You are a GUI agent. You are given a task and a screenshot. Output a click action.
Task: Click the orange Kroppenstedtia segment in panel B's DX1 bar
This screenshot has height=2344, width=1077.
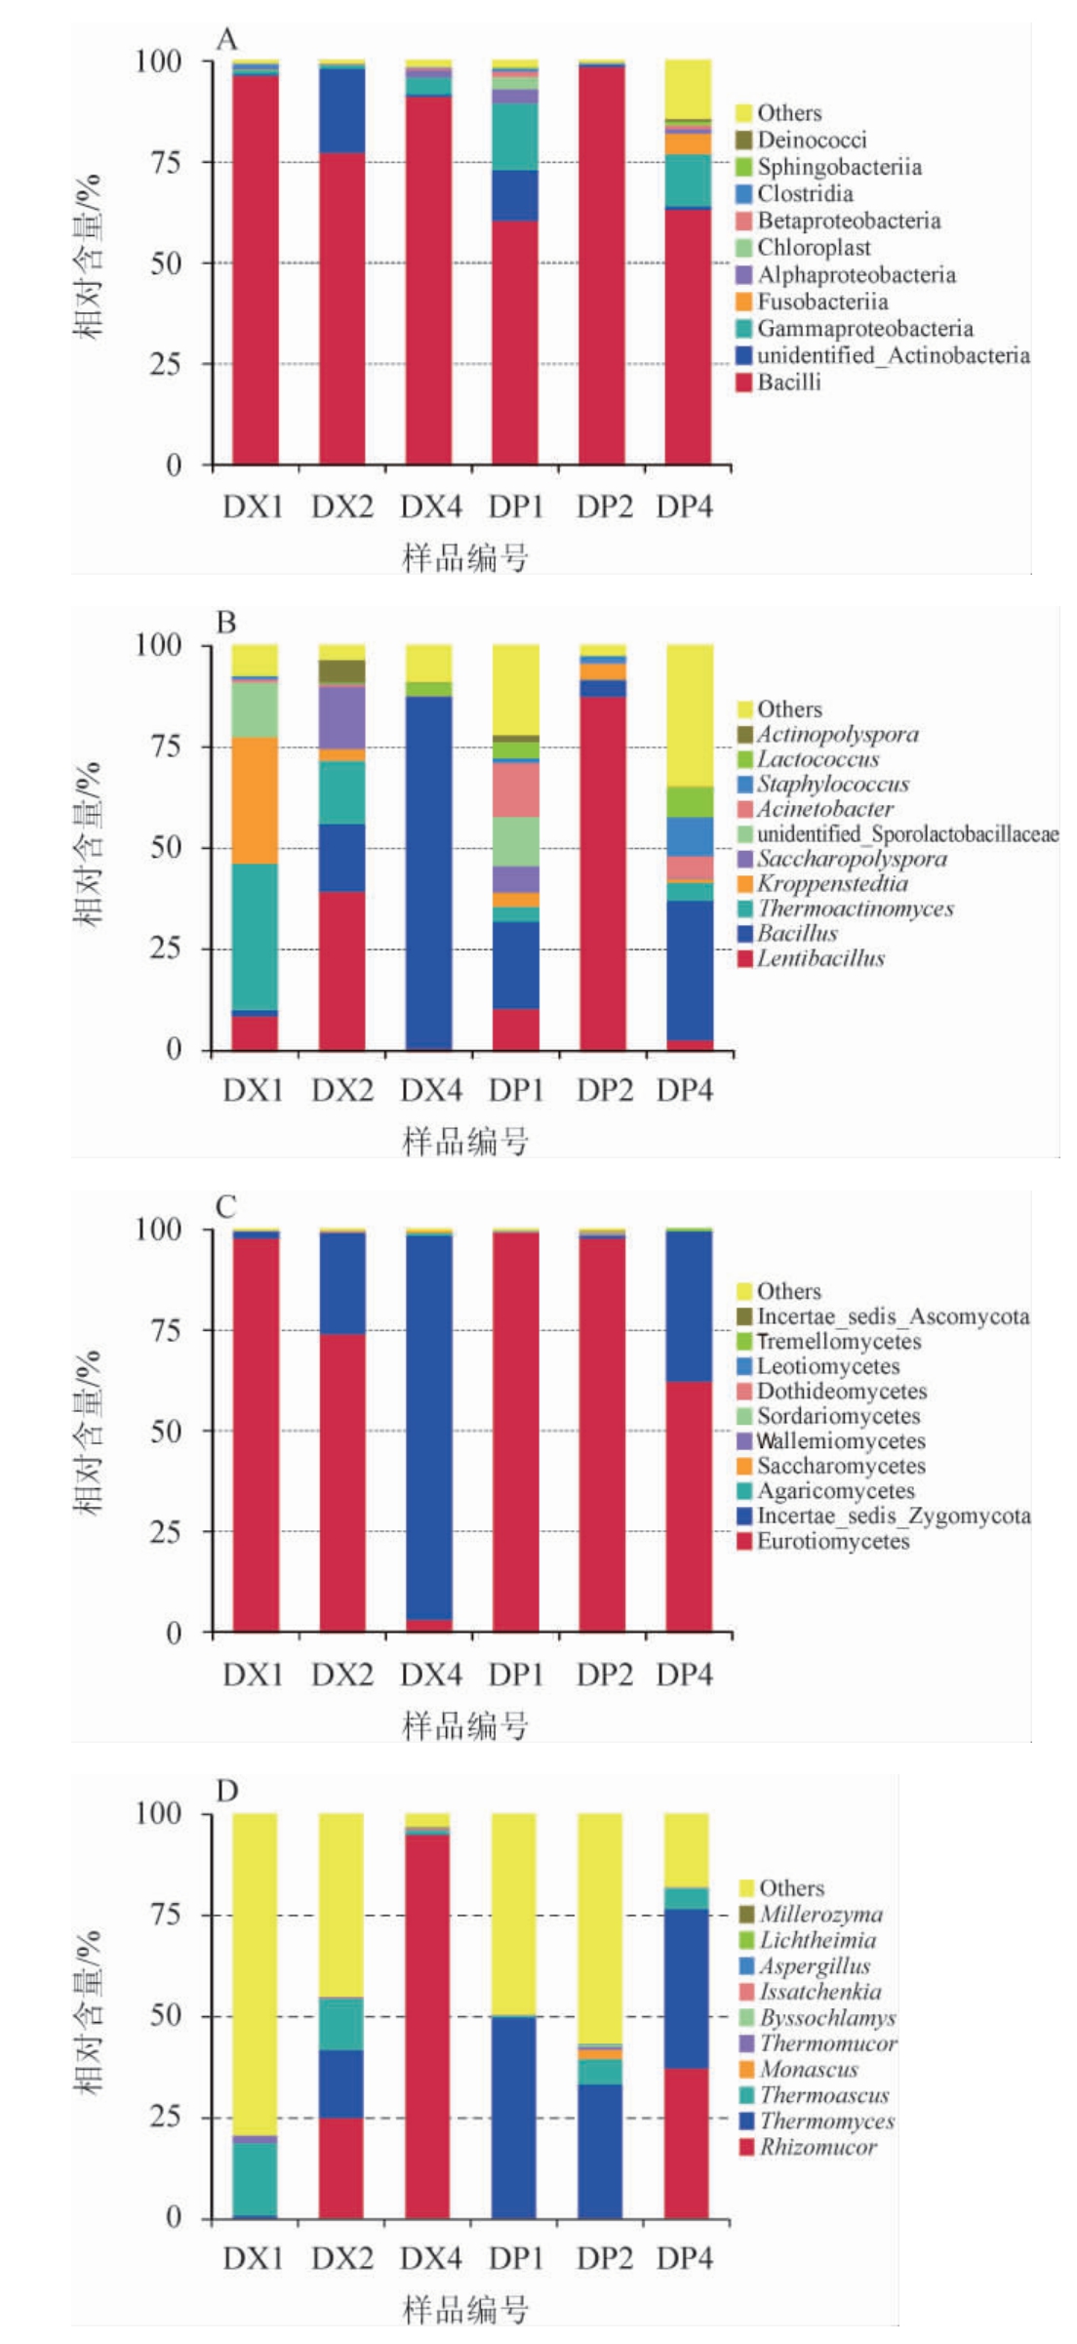[255, 800]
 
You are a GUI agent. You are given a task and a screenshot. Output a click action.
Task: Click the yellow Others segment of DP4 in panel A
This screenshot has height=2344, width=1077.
[688, 88]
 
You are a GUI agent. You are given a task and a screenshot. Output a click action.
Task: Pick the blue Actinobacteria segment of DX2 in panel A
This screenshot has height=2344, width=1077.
[342, 110]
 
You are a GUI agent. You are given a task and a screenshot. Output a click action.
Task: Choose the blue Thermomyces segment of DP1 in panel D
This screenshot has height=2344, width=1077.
[514, 2118]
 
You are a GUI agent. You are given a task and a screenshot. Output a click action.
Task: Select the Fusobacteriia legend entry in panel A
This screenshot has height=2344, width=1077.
[822, 302]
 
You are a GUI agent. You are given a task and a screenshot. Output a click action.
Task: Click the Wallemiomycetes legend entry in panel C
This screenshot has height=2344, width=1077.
[841, 1441]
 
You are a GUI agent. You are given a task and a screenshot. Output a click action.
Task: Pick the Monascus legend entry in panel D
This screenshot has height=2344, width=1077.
[809, 2070]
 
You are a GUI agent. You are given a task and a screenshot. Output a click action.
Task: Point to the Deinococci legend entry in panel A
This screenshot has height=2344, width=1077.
[812, 140]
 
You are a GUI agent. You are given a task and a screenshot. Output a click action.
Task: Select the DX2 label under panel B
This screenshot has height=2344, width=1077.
[342, 1090]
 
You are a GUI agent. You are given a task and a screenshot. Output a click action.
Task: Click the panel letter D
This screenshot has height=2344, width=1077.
[226, 1792]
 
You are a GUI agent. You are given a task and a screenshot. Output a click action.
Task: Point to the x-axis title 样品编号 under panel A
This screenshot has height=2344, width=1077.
[465, 558]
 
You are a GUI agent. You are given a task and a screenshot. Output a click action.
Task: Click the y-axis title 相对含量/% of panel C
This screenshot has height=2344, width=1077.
[88, 1431]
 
